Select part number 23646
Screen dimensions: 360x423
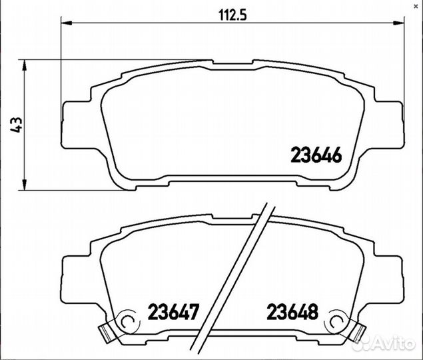316,155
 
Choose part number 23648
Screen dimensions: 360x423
292,311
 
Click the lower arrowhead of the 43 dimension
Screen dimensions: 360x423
25,185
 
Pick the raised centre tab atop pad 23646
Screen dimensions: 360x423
233,63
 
